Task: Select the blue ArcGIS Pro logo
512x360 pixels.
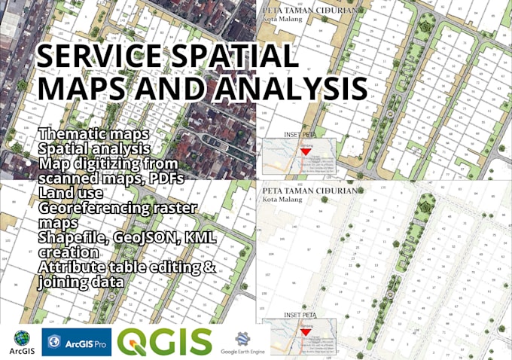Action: (x=76, y=342)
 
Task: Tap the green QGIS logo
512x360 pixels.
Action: (x=165, y=342)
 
